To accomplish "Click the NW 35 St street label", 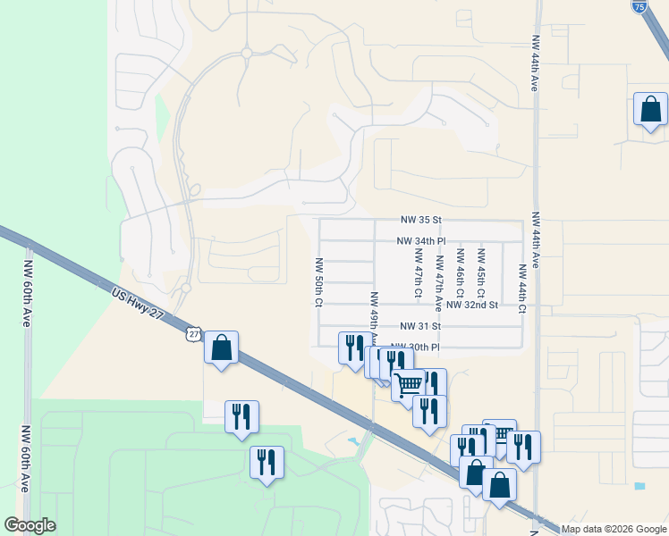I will [422, 220].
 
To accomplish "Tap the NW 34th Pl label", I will [422, 241].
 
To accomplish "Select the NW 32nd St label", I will [472, 306].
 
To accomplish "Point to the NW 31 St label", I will [422, 327].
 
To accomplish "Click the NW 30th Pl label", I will [417, 347].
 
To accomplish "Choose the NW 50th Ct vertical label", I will [318, 283].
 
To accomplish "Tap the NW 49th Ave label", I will [374, 313].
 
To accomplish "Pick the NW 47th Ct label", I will [418, 275].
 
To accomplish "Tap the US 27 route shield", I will [194, 333].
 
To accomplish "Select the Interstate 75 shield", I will [639, 7].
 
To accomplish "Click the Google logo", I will [30, 525].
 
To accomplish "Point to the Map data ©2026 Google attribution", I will [614, 529].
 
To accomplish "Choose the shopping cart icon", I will [409, 384].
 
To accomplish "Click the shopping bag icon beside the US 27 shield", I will [221, 347].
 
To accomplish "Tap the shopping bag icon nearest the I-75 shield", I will [650, 109].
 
